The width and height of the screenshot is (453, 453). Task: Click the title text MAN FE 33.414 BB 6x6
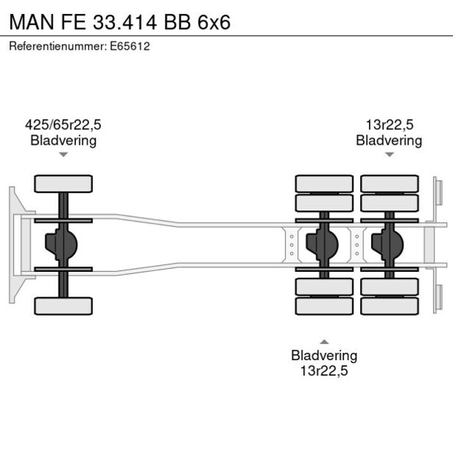pyautogui.click(x=120, y=22)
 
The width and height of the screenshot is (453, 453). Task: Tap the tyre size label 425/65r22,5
pyautogui.click(x=64, y=125)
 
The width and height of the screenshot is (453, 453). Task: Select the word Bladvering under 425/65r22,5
pyautogui.click(x=64, y=140)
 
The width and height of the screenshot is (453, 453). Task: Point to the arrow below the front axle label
pyautogui.click(x=64, y=155)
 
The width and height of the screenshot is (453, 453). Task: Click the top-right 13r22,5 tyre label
pyautogui.click(x=389, y=125)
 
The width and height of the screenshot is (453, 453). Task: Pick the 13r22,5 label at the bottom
pyautogui.click(x=324, y=370)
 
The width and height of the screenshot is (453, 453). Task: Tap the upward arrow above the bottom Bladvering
pyautogui.click(x=324, y=341)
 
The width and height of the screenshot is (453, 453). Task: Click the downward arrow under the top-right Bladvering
pyautogui.click(x=389, y=155)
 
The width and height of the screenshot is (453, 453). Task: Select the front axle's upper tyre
pyautogui.click(x=64, y=183)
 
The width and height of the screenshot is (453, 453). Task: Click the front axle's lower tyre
pyautogui.click(x=64, y=306)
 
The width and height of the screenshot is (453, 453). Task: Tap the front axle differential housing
pyautogui.click(x=61, y=245)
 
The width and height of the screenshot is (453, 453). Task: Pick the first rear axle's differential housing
pyautogui.click(x=322, y=245)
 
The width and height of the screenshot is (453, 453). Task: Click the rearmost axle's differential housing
pyautogui.click(x=387, y=245)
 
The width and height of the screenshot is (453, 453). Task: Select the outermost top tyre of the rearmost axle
pyautogui.click(x=389, y=183)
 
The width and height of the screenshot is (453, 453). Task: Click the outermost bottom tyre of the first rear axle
pyautogui.click(x=324, y=306)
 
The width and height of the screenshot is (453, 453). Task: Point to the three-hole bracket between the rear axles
pyautogui.click(x=357, y=245)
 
